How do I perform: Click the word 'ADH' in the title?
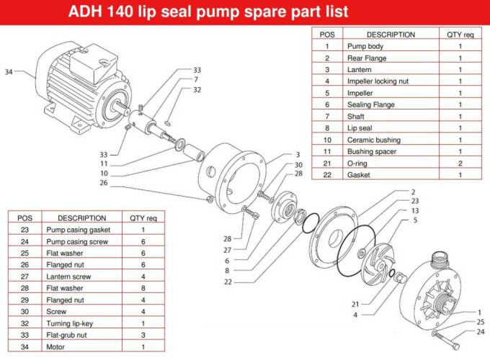pos(85,12)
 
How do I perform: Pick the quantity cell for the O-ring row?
pos(460,163)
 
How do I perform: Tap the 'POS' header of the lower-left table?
pos(25,218)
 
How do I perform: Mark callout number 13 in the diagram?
pos(414,210)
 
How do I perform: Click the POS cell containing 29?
pos(25,300)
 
